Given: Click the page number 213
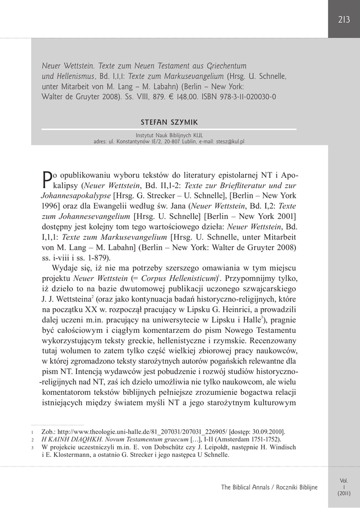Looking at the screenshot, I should click(x=344, y=20).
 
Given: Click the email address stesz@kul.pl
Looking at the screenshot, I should click(x=230, y=141).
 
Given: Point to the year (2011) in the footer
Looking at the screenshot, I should click(x=344, y=494).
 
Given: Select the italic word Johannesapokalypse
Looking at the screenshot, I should click(x=76, y=195).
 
